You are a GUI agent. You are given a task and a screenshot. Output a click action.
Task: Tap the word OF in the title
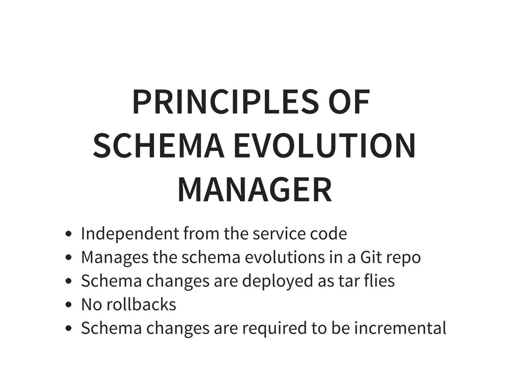349,102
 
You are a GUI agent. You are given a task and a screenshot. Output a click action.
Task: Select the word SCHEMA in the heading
158,145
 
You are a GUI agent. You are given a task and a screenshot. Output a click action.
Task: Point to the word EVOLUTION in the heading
325,145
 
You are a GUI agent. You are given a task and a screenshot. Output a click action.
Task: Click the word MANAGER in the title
254,190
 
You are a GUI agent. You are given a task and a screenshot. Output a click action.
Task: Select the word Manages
115,258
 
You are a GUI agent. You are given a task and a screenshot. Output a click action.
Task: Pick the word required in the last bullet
274,329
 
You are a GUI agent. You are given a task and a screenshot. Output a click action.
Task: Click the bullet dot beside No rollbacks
68,304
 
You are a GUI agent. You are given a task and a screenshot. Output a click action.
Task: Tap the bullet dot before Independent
68,234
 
